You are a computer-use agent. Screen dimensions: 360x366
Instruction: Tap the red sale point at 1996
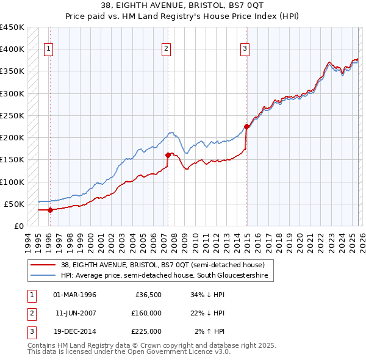(51, 210)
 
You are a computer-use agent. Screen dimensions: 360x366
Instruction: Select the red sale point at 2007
(168, 155)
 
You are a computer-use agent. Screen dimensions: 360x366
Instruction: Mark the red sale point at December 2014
(247, 127)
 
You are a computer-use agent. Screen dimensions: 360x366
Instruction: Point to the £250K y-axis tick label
(12, 115)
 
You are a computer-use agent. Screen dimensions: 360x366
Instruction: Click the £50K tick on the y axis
(15, 204)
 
